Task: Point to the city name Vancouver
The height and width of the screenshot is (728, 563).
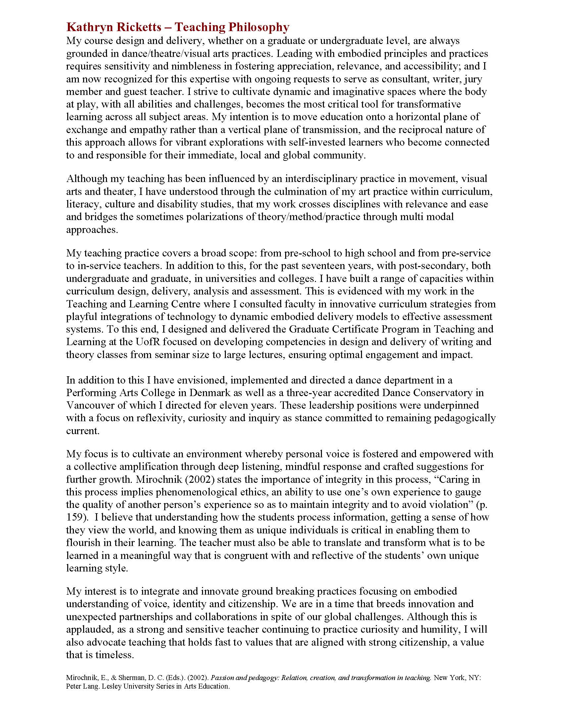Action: pos(88,405)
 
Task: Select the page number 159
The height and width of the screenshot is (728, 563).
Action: pos(75,517)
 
